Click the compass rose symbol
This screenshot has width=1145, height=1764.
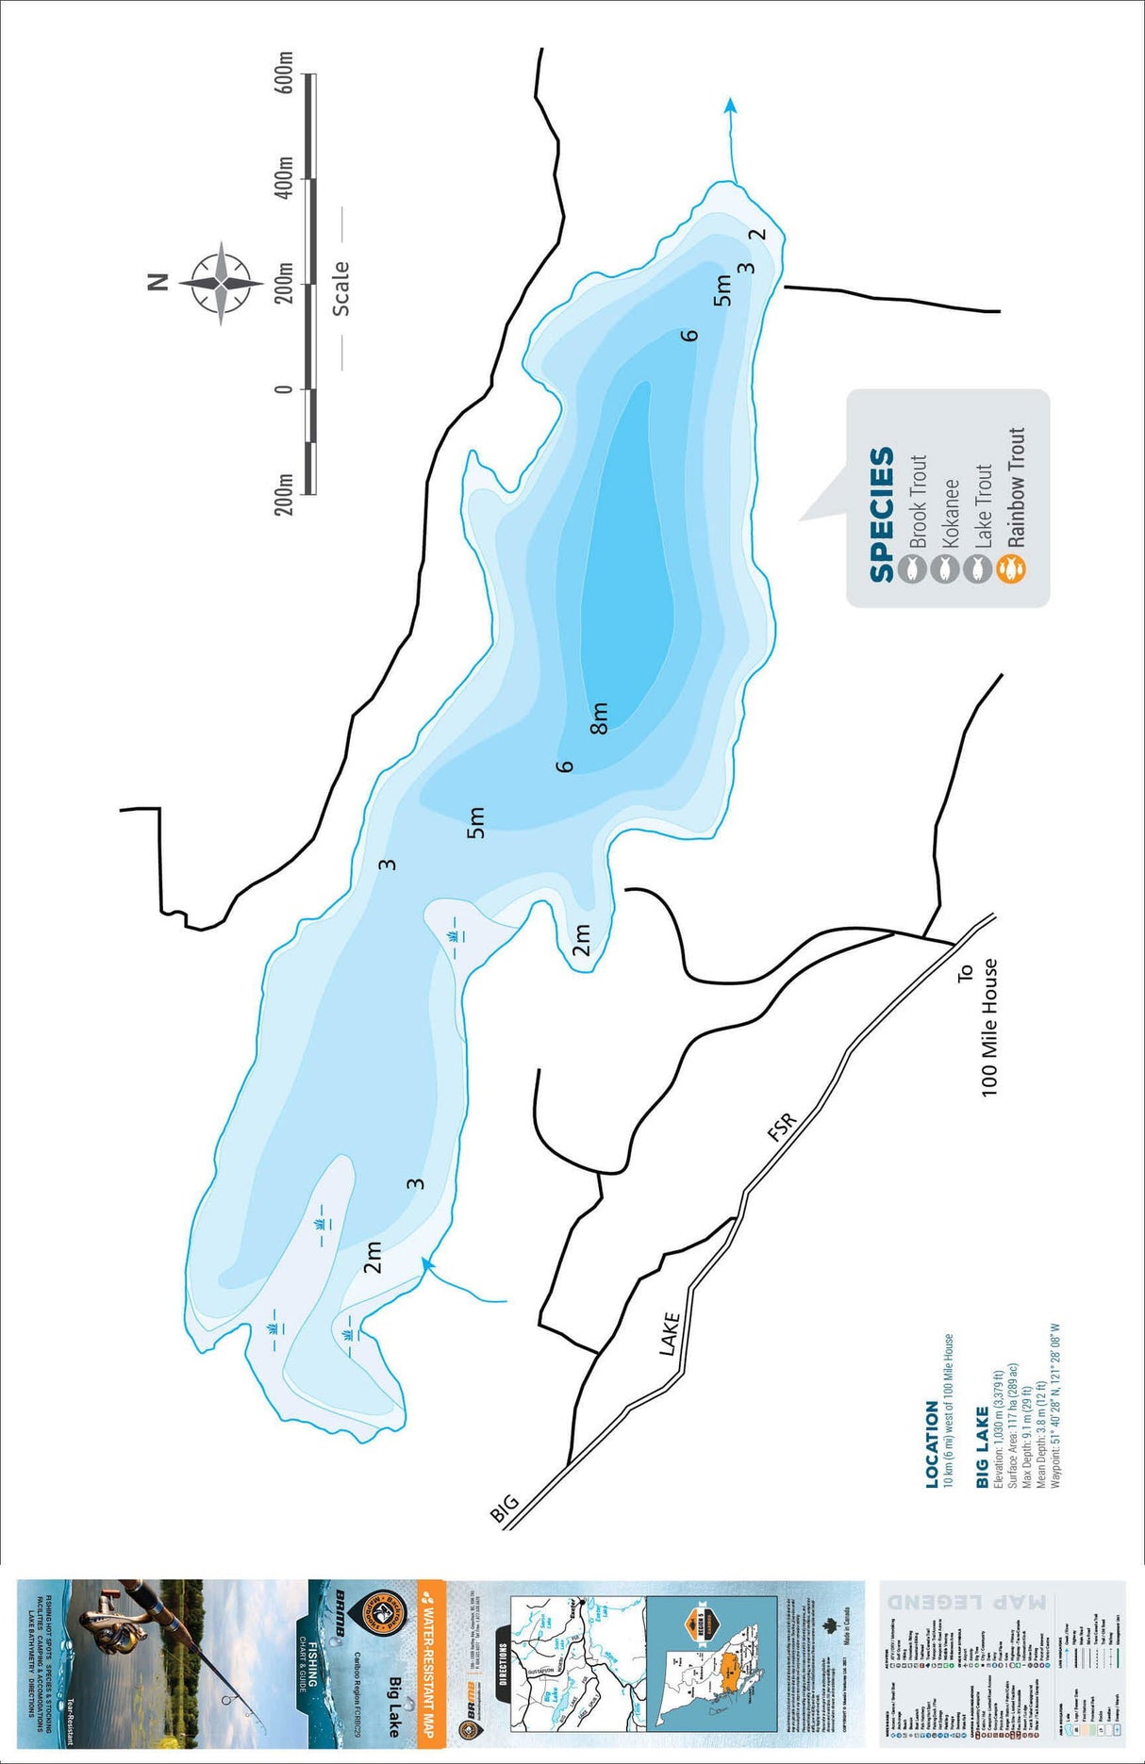pos(221,283)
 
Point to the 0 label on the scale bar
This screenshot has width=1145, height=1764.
pos(284,388)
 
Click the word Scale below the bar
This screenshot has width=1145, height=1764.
pos(340,289)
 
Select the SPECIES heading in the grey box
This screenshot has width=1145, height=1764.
pos(881,514)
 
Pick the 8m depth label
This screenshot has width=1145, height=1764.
pos(599,717)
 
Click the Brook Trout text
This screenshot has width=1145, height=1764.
pos(917,501)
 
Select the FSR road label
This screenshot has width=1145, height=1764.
pos(782,1128)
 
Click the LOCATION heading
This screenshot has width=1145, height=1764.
pos(932,1444)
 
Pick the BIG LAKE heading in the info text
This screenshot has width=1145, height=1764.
pos(982,1447)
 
